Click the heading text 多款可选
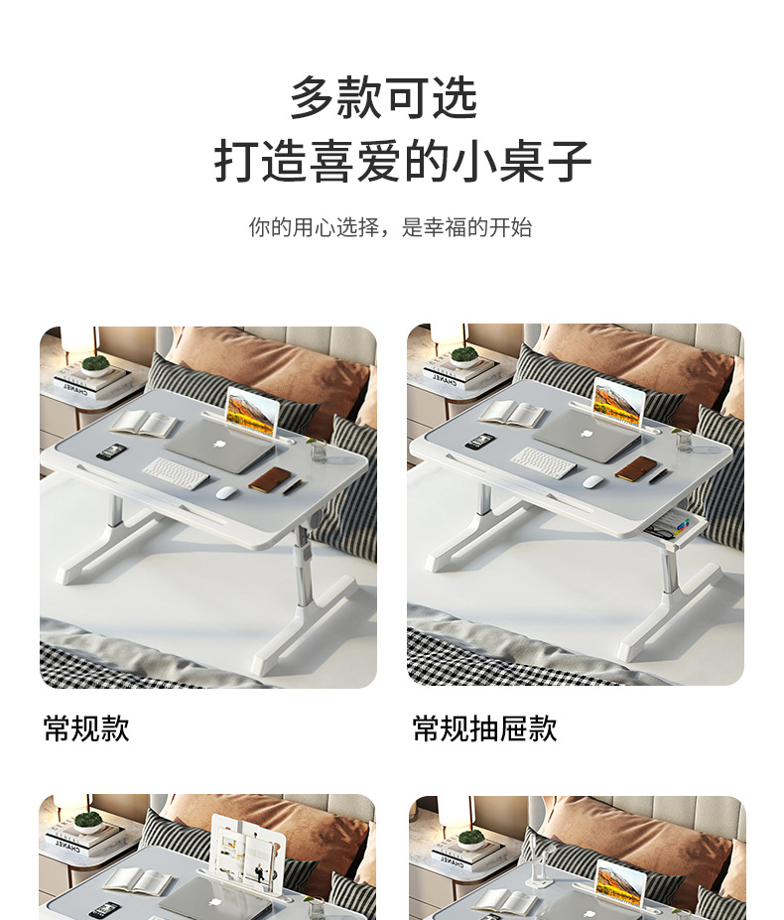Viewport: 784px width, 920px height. coord(383,97)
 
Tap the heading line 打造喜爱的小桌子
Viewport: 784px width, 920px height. coord(402,162)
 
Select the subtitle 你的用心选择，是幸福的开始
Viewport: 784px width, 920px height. coord(390,227)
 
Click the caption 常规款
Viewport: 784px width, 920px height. coord(86,729)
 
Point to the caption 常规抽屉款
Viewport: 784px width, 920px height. coord(484,729)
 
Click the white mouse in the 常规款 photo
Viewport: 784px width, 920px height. coord(224,492)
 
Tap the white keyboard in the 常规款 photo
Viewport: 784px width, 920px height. coord(176,472)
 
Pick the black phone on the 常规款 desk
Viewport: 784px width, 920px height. coord(113,453)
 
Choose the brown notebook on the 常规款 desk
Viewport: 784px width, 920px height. coord(270,479)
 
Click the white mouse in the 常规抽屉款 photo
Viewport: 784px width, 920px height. coord(592,481)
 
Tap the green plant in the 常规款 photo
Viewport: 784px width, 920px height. coord(95,362)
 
